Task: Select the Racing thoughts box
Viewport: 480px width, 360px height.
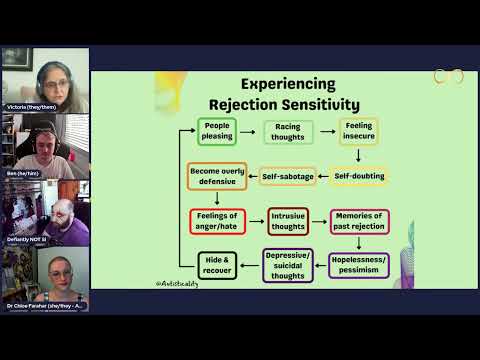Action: (x=289, y=131)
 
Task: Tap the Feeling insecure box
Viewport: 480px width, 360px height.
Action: (x=358, y=131)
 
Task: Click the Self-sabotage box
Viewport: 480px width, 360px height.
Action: (x=288, y=176)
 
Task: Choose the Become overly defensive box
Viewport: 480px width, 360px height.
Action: (x=217, y=176)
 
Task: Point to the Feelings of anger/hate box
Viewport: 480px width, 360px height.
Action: (x=217, y=220)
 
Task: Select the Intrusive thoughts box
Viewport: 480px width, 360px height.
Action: (x=288, y=220)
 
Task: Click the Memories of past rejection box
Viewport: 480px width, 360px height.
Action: (x=360, y=220)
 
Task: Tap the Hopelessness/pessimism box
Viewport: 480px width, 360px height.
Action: (x=360, y=264)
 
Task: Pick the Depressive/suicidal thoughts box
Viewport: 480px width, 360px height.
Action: (x=288, y=264)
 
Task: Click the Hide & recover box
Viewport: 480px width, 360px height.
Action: (x=217, y=264)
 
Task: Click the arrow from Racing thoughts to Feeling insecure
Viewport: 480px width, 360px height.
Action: (x=326, y=131)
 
